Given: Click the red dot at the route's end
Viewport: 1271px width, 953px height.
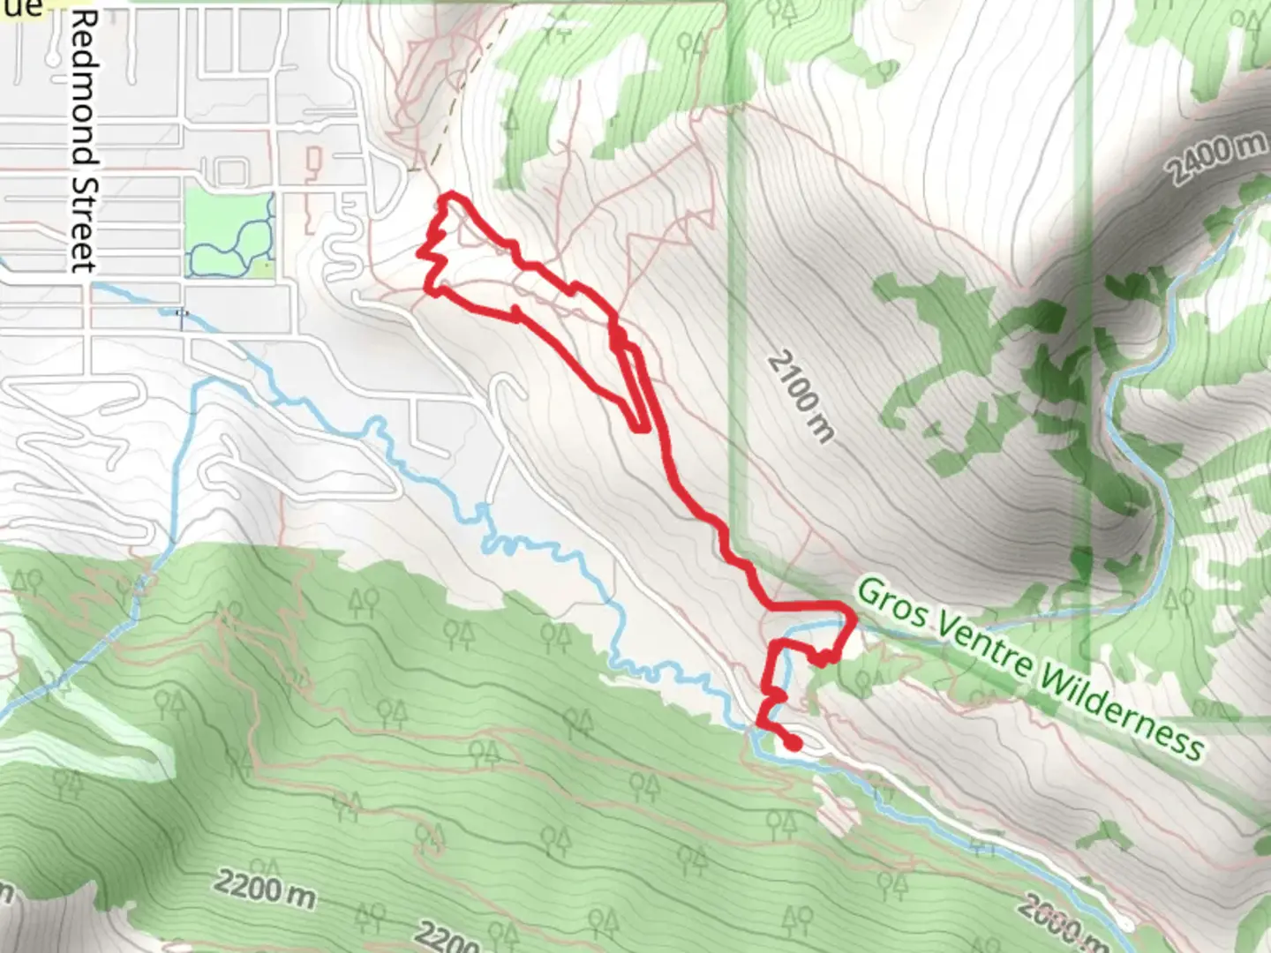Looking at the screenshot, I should (793, 744).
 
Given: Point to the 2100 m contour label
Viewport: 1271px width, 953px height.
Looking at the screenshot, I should (800, 396).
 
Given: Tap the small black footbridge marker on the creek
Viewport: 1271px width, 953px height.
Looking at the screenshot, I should (182, 312).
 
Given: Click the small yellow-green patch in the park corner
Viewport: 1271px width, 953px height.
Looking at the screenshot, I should (264, 264).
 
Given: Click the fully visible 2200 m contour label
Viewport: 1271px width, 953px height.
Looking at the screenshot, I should (264, 891).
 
